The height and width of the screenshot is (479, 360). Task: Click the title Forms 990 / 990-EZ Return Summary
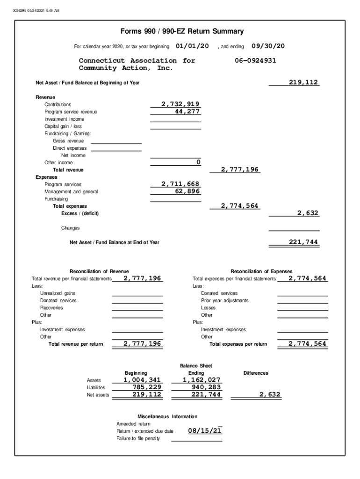[x=182, y=31]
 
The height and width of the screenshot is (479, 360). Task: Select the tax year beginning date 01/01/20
[x=192, y=46]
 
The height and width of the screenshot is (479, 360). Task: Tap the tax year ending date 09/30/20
[x=268, y=46]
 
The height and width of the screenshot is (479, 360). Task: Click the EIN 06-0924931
[x=255, y=60]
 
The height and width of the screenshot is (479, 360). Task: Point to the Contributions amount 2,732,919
[x=180, y=104]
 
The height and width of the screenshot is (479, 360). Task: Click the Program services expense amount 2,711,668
[x=180, y=184]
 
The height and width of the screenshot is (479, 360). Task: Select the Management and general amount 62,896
[x=186, y=191]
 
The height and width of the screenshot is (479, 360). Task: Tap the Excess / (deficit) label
[x=80, y=213]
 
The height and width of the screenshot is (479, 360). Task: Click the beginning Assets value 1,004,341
[x=142, y=380]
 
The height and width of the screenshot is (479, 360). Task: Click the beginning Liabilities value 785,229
[x=145, y=387]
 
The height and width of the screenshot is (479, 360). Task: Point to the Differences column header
[x=256, y=373]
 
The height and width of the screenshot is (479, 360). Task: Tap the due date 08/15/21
[x=205, y=431]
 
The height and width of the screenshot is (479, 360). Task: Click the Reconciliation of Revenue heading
[x=99, y=271]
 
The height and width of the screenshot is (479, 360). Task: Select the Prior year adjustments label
[x=224, y=300]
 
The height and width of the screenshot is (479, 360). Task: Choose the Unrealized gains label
[x=58, y=293]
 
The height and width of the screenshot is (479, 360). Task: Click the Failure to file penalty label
[x=138, y=438]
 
